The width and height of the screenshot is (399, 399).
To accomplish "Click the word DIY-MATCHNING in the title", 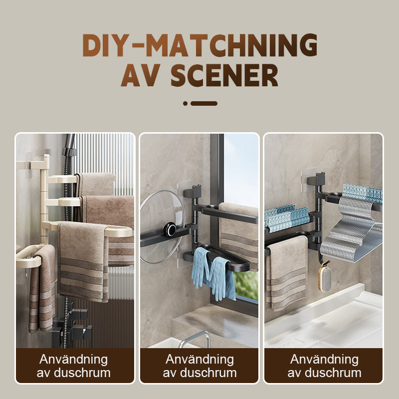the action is tap(200, 45).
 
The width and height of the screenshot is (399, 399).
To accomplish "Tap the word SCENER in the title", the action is tap(224, 75).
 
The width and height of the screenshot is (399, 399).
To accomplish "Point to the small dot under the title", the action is tap(185, 103).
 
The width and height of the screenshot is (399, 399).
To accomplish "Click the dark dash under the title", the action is tap(204, 103).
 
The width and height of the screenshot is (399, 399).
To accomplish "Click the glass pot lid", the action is tap(163, 226).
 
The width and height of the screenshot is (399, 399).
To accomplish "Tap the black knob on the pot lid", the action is tap(170, 228).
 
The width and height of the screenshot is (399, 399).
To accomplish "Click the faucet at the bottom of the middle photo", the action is tap(195, 339).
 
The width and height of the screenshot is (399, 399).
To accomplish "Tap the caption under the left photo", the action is tap(74, 366).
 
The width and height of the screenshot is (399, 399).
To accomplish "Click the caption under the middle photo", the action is tap(200, 366).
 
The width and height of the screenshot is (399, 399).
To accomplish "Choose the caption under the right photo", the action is tap(325, 366).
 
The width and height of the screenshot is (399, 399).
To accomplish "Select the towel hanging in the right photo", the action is tap(286, 272).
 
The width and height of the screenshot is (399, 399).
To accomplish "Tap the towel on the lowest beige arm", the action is tap(42, 289).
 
